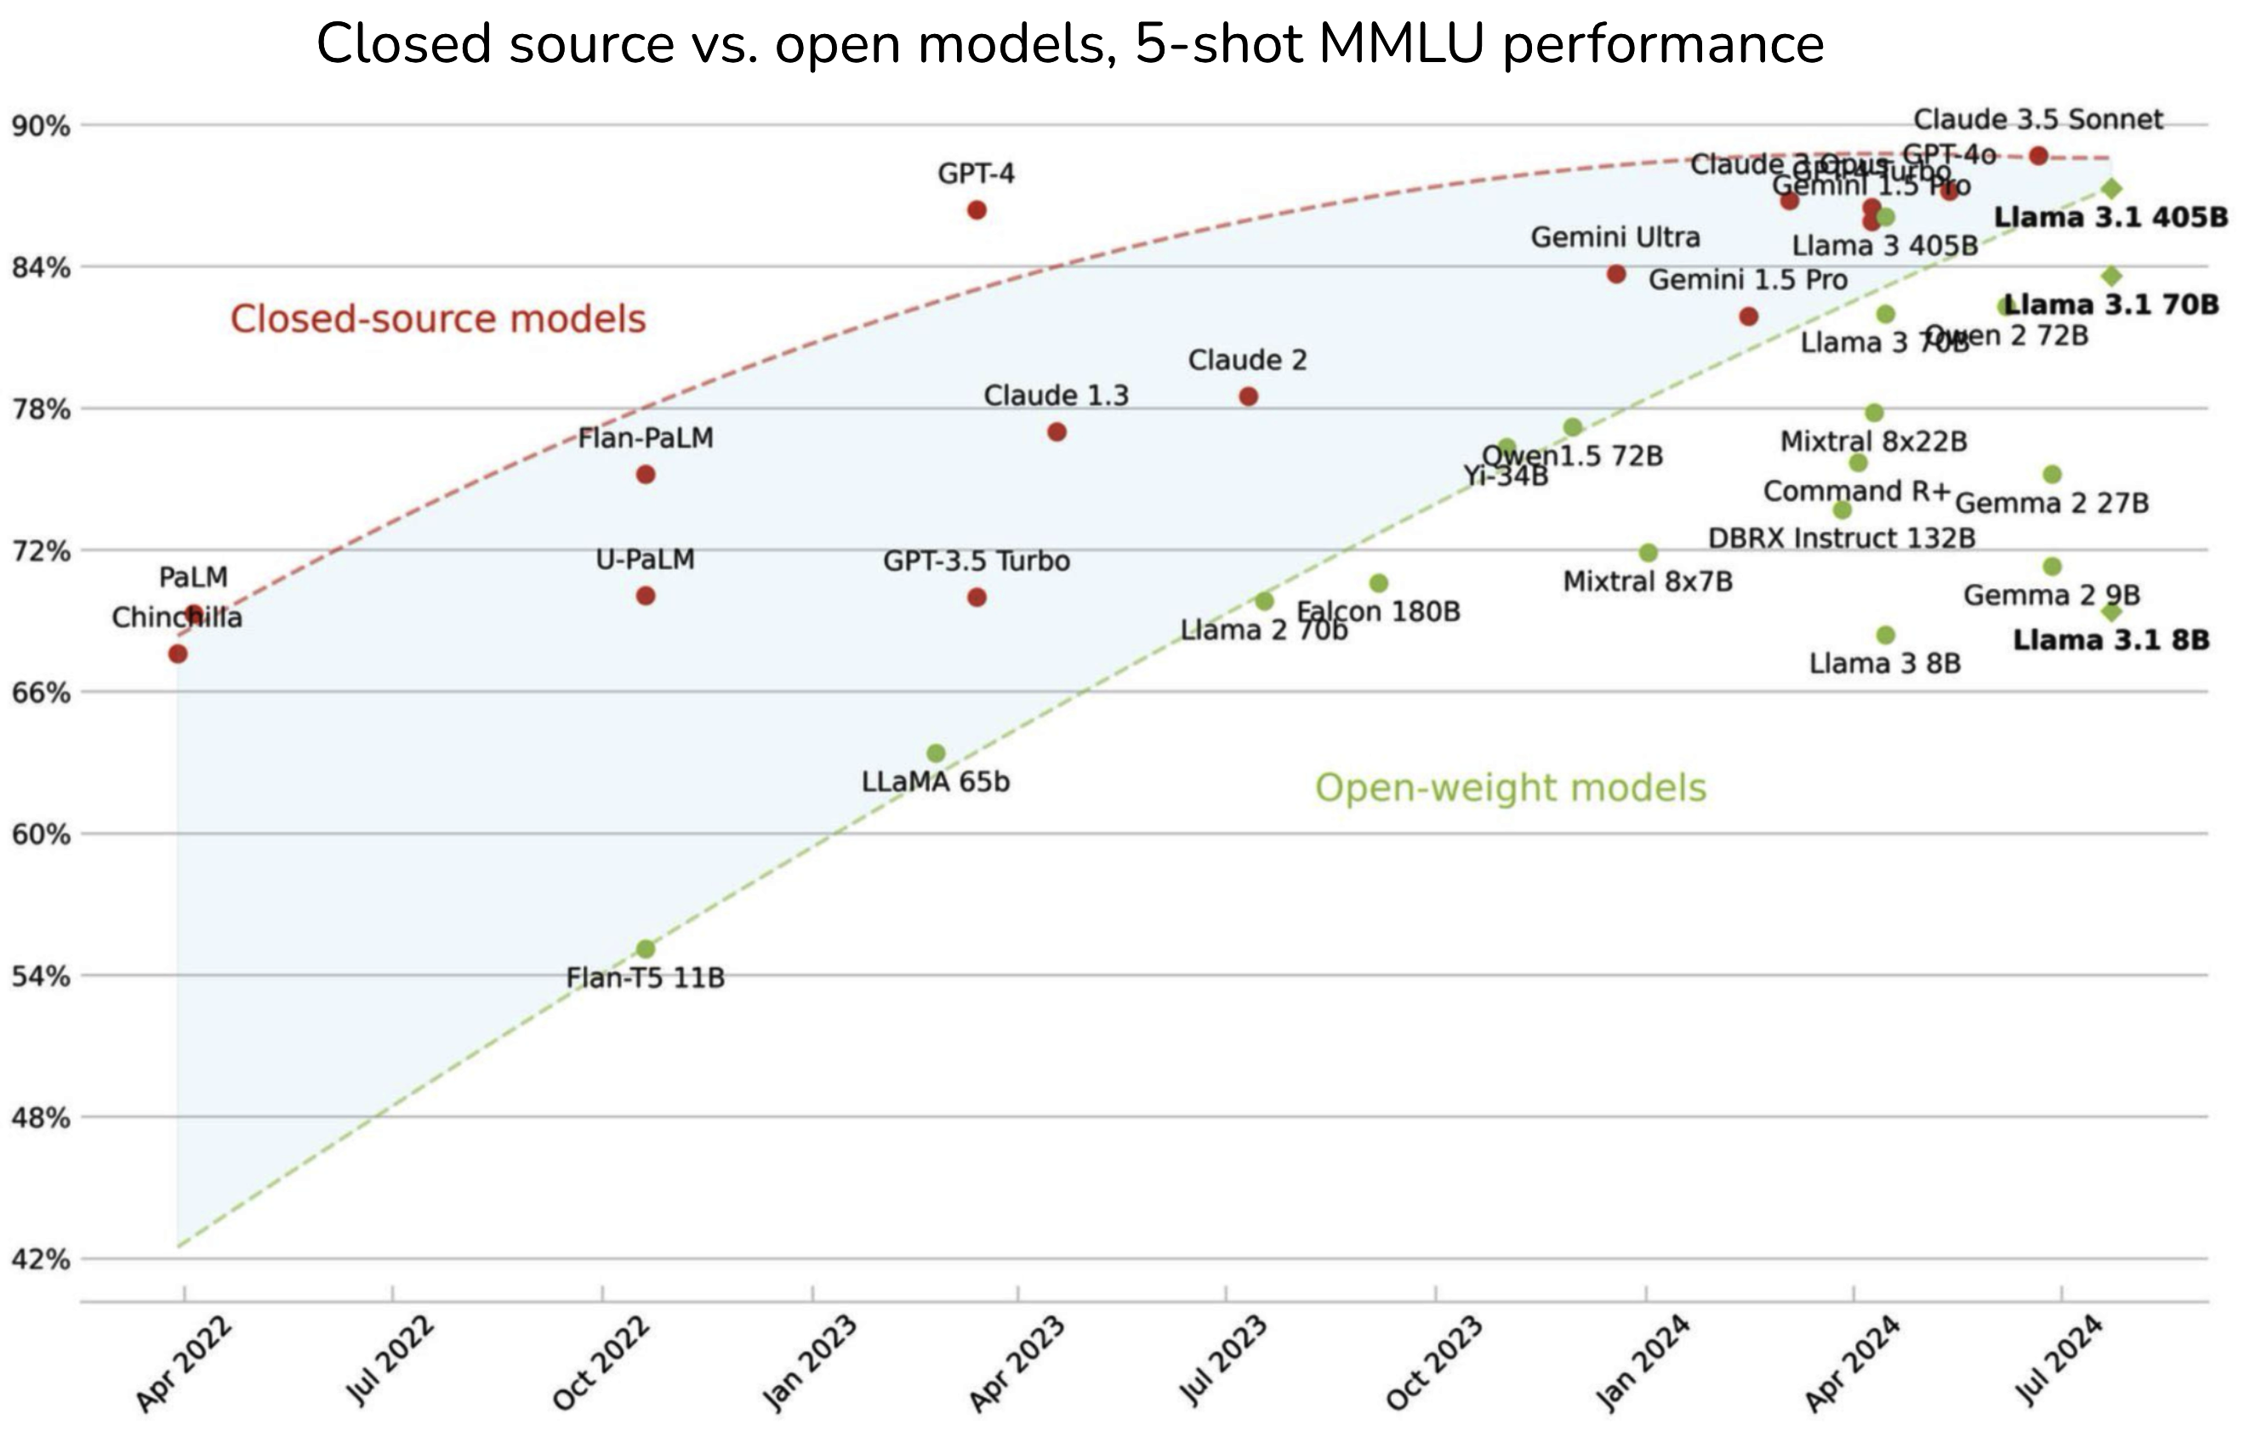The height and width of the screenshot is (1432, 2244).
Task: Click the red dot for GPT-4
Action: pos(977,211)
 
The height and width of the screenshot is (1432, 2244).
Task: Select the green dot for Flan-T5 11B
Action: pos(646,949)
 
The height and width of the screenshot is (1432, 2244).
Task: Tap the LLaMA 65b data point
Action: pos(937,753)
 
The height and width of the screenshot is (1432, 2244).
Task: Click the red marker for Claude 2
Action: pos(1249,397)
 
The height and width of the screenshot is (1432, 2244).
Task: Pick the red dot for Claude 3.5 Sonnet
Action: pos(2039,156)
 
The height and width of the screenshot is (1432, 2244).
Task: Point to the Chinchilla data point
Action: pos(178,654)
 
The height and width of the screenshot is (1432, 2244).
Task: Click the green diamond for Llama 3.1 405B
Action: pos(2111,189)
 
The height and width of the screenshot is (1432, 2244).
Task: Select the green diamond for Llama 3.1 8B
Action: pos(2111,612)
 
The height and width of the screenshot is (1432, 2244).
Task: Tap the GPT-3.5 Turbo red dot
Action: pos(977,597)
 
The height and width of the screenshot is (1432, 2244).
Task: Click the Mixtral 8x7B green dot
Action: pos(1649,553)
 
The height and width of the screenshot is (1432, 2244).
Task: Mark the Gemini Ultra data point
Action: pos(1617,274)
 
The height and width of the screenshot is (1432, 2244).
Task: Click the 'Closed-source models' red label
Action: pos(438,320)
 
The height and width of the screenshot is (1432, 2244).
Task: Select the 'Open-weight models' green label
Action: pos(1510,788)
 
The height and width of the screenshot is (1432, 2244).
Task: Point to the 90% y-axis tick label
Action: pos(41,126)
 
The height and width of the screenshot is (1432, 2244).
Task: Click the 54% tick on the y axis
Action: pos(41,976)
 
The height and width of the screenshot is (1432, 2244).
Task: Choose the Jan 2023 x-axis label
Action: pos(809,1362)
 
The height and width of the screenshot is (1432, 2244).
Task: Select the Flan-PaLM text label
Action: pos(646,438)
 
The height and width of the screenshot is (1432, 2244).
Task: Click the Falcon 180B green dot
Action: pos(1379,583)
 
